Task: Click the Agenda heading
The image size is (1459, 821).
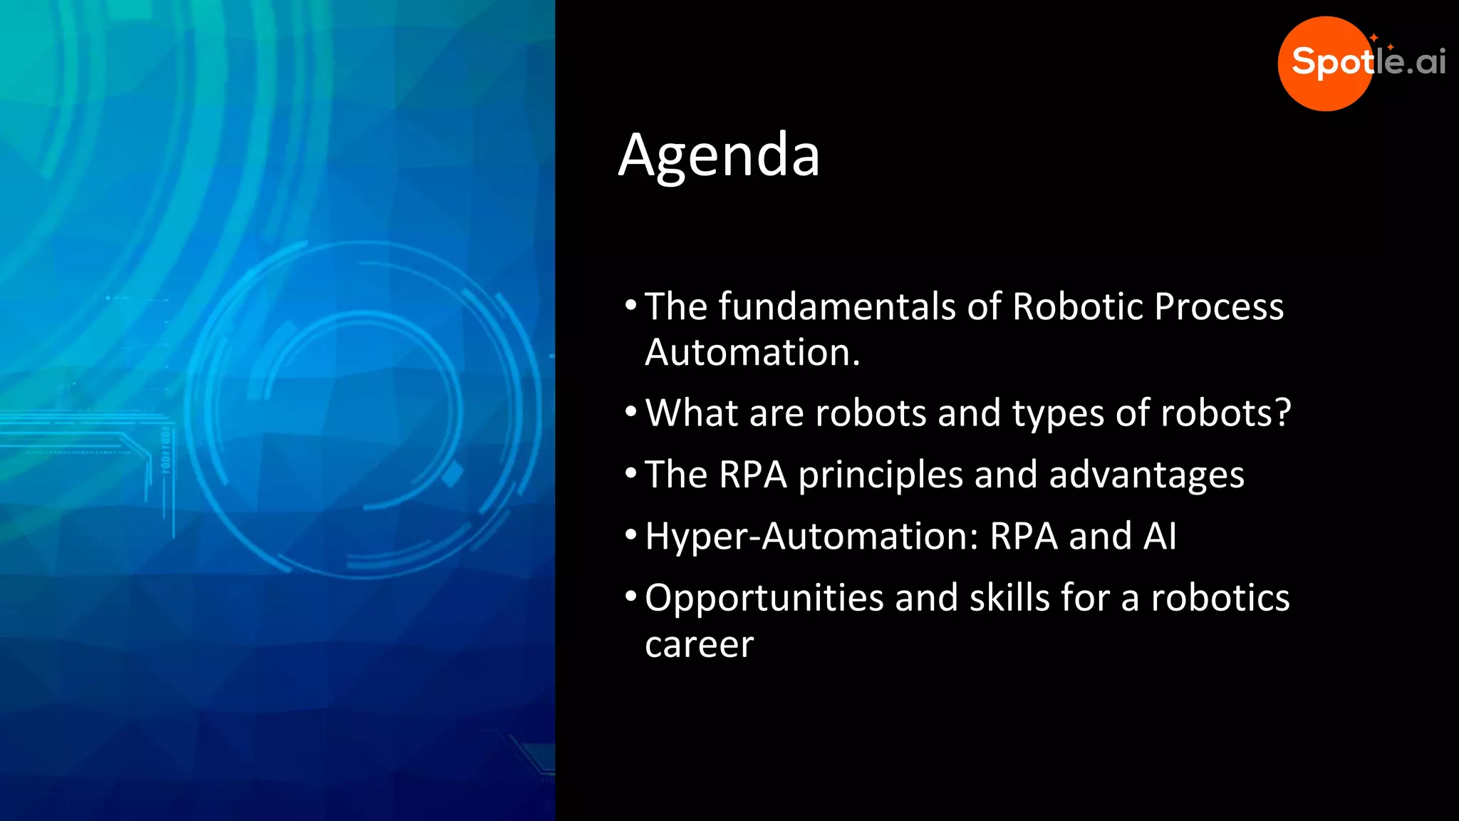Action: (720, 155)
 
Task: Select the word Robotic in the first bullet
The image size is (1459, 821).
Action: (1077, 306)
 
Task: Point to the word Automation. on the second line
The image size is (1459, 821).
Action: (752, 353)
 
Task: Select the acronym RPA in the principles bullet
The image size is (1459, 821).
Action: (753, 475)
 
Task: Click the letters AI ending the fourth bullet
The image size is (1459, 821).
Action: (1160, 536)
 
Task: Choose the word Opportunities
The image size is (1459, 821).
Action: (764, 599)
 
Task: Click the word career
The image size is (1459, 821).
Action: (699, 645)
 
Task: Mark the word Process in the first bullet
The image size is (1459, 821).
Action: (1219, 306)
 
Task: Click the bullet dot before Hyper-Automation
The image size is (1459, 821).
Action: (630, 535)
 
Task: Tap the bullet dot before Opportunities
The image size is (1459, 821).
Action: (630, 596)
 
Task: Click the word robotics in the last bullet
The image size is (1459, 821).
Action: (1220, 597)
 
